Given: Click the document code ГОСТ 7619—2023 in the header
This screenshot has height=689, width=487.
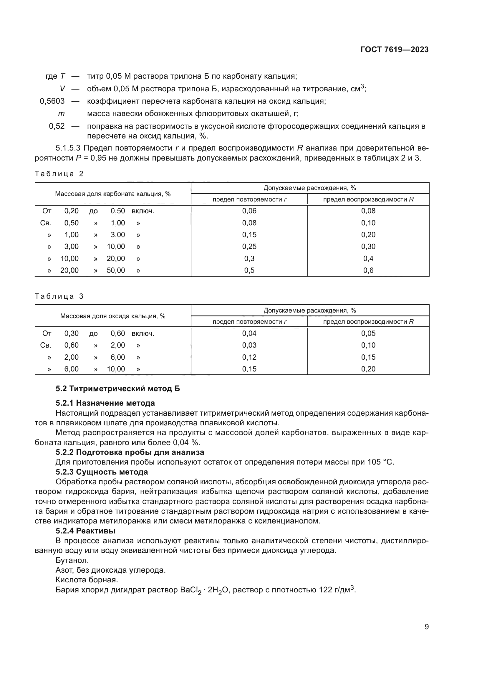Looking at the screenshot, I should coord(394,49).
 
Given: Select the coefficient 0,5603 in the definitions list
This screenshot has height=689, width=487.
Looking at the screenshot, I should coord(52,101).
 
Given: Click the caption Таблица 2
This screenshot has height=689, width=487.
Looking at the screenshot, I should coord(59,174).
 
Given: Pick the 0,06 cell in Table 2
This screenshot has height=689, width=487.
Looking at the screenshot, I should coord(249,211).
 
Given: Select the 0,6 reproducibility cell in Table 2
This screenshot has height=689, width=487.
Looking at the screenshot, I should coord(368,270).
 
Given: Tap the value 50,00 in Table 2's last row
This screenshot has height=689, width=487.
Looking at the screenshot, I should coord(116,270).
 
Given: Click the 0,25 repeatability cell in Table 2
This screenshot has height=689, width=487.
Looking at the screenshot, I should coord(249,247).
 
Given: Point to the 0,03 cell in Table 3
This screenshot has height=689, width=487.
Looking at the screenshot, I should coord(249,345).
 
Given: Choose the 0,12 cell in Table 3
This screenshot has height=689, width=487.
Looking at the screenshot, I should coord(249,357).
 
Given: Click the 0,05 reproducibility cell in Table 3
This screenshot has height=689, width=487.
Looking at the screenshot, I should coord(368,333).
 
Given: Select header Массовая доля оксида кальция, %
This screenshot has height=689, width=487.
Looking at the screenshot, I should coord(113,316).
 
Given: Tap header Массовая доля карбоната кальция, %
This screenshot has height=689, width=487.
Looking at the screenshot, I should coord(113,194).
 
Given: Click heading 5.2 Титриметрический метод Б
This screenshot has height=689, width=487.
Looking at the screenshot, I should coord(118,389).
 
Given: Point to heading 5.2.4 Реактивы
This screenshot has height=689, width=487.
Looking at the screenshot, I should coord(85,531).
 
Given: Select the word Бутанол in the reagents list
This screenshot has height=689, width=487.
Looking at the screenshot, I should coord(72,560).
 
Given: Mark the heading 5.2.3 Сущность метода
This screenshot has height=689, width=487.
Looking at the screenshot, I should coord(102,472).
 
